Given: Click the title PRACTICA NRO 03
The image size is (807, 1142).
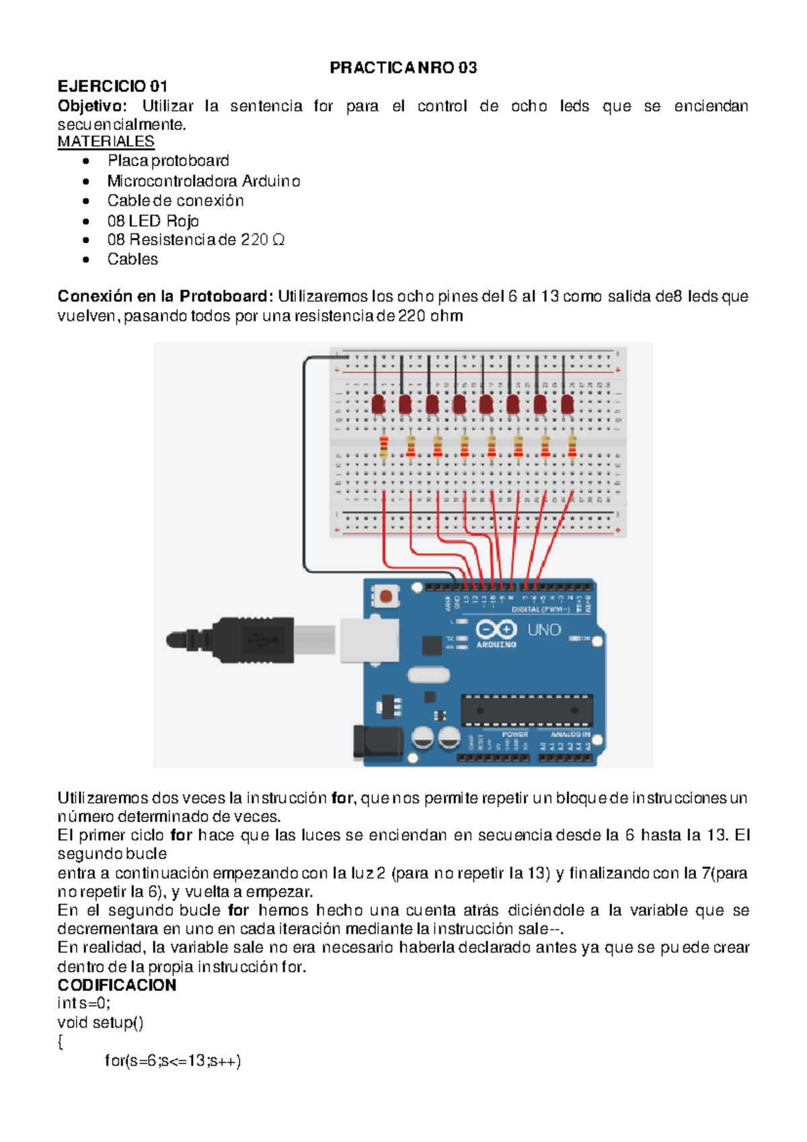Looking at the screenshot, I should pos(403,67).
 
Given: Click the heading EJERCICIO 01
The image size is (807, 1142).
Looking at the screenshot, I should pos(112,86).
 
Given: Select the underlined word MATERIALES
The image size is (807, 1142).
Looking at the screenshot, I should pos(106,142).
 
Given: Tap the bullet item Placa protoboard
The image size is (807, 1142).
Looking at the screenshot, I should pos(168,161).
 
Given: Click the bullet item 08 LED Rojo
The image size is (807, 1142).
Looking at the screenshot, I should pos(153,221).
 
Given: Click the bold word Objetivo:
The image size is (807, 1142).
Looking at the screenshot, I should pos(91,106).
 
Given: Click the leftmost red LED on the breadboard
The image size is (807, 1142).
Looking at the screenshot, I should pos(378,404).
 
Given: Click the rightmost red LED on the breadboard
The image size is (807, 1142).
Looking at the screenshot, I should pos(567,404).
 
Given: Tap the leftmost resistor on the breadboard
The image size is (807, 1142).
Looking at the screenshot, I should pos(383,447).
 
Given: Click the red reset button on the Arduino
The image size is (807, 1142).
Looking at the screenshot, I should pos(386,596).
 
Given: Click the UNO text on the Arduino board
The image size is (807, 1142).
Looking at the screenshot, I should pos(544,630).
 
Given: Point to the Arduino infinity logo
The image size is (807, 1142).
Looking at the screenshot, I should pos(496,630).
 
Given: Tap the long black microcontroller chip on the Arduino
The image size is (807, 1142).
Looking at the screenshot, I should pos(527,710).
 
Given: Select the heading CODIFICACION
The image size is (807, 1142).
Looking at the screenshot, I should pos(117,985).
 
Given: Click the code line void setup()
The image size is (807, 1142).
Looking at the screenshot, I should pos(100,1023).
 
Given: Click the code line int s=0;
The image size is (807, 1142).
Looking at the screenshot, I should pos(84,1003).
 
